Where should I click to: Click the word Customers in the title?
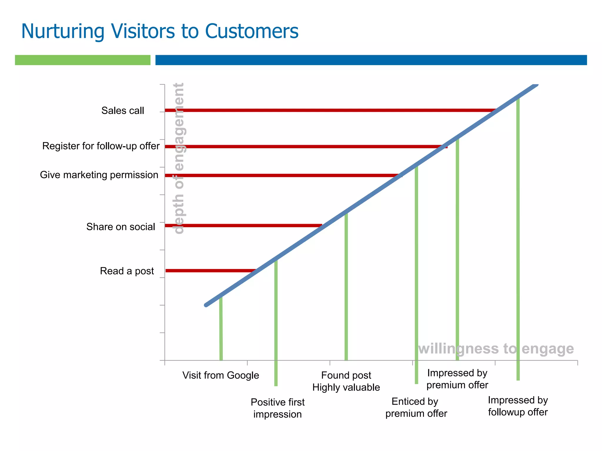click(x=252, y=31)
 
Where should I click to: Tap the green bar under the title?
click(x=83, y=60)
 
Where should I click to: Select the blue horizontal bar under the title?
click(x=371, y=60)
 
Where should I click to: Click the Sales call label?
click(x=123, y=111)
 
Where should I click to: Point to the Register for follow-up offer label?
click(x=101, y=146)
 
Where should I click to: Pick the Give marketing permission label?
click(x=99, y=175)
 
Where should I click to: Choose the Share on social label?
click(x=121, y=227)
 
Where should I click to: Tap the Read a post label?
click(x=127, y=271)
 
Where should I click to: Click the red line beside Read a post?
click(x=209, y=270)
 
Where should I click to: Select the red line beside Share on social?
click(x=241, y=225)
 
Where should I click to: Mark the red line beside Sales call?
click(x=323, y=110)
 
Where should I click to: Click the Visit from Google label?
click(x=220, y=375)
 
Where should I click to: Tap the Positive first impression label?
click(x=277, y=408)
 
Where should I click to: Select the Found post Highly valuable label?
click(x=346, y=381)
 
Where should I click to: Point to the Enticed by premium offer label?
click(x=416, y=407)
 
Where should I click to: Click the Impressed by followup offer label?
click(x=518, y=406)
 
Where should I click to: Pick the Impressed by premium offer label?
click(x=457, y=379)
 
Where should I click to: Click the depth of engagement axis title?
click(x=179, y=159)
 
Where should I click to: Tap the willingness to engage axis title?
click(x=496, y=349)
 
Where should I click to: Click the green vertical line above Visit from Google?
click(x=221, y=329)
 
